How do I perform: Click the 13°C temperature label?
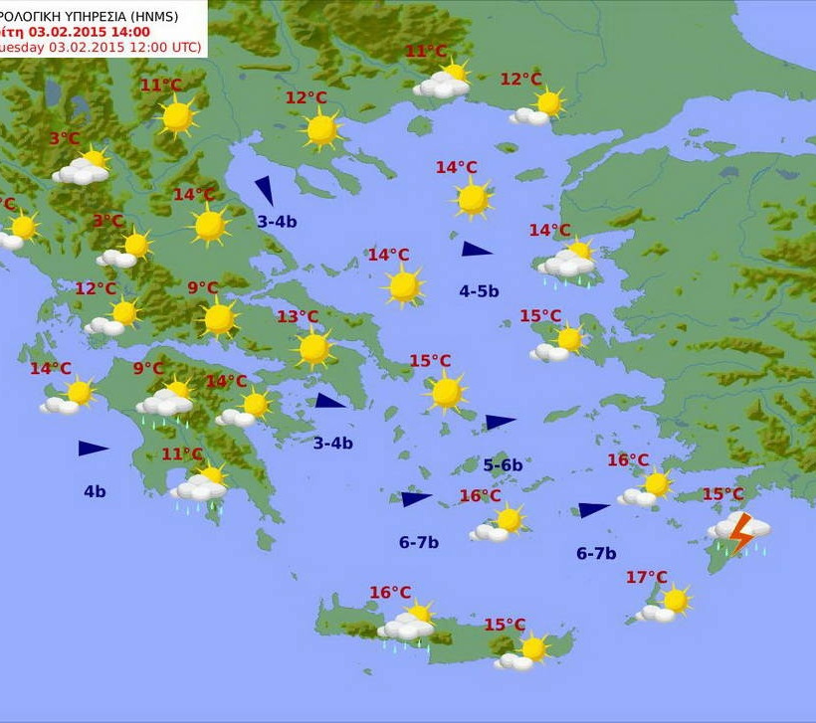point(298,317)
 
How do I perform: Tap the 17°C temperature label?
point(647,578)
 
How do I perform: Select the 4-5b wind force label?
point(479,291)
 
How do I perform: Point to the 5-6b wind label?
point(503,464)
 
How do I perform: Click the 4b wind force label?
point(95,491)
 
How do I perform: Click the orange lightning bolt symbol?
point(741,534)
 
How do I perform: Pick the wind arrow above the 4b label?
point(93,449)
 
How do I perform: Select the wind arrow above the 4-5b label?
point(477,249)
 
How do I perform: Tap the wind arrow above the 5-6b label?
point(501,422)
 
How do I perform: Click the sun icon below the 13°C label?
point(314,348)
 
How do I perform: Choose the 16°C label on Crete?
point(390,593)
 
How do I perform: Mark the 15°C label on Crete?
point(505,625)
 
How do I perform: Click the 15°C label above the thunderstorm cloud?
point(722,494)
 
